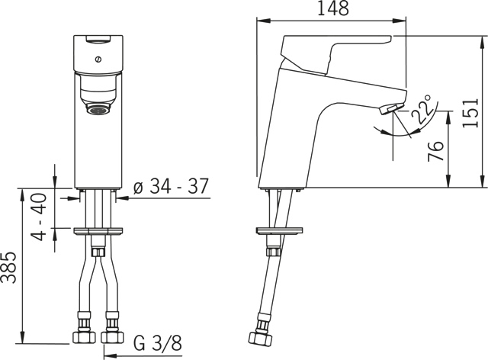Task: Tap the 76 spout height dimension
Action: pyautogui.click(x=434, y=150)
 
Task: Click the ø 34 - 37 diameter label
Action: pyautogui.click(x=171, y=187)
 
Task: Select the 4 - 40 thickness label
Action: pyautogui.click(x=40, y=217)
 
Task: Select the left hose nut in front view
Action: pyautogui.click(x=82, y=337)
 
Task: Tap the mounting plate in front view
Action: pyautogui.click(x=98, y=229)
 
